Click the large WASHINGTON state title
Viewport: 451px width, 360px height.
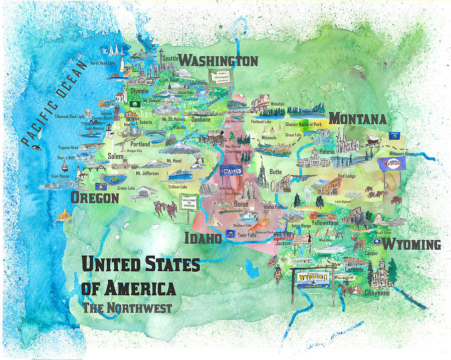218,61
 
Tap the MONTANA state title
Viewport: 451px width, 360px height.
357,119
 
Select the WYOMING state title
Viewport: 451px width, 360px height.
412,245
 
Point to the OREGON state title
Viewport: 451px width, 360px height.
95,198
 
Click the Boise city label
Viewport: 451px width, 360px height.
241,204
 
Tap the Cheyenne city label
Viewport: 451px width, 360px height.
377,292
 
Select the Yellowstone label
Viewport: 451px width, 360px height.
325,223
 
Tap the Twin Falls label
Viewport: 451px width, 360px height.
247,235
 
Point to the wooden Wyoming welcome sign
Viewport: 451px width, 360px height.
312,279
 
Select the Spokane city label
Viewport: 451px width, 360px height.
200,120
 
